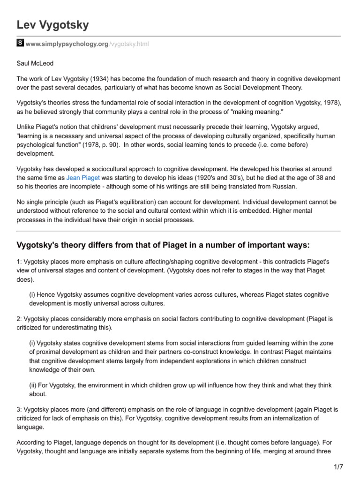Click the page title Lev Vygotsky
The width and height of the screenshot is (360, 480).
[52, 24]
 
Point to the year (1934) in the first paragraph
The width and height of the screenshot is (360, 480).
[105, 78]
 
